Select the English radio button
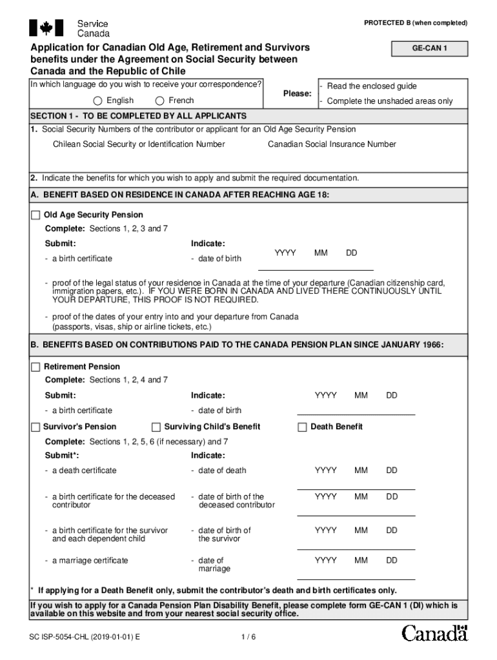[97, 101]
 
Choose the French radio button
[159, 101]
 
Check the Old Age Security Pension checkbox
[35, 215]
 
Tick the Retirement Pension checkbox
[35, 367]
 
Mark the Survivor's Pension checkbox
[35, 427]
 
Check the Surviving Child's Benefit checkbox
[156, 427]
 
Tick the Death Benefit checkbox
[302, 427]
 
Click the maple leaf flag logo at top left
[46, 28]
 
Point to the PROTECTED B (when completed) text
[416, 23]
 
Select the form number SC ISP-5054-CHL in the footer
[85, 637]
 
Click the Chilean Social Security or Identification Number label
[139, 144]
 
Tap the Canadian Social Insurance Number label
[332, 144]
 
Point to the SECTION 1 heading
[138, 116]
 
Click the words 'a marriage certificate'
[90, 561]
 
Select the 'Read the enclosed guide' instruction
[372, 86]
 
